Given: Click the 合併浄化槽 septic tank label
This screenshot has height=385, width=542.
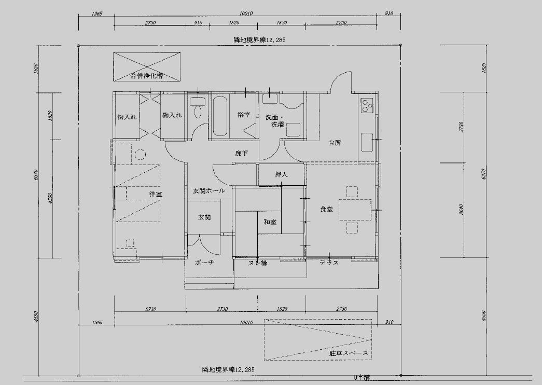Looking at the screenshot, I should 147,76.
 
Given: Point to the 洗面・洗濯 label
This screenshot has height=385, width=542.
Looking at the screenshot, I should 274,121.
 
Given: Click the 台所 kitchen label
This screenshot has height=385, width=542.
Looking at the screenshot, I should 335,143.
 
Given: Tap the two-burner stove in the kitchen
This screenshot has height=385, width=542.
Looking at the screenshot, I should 368,105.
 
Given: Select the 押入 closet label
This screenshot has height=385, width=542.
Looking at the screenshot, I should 281,175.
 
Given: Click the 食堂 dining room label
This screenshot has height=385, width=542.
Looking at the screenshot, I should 326,209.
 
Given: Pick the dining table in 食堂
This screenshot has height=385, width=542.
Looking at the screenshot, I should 355,210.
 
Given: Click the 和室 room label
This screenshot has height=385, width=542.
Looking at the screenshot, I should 270,222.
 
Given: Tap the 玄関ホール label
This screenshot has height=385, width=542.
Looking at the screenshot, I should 209,191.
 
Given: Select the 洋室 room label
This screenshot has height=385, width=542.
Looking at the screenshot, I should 155,194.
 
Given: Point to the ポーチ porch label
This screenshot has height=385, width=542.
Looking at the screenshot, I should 204,263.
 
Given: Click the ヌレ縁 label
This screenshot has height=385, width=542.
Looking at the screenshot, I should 257,263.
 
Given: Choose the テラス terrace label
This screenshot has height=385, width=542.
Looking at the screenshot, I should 329,263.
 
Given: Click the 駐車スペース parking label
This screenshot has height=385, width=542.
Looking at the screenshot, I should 349,353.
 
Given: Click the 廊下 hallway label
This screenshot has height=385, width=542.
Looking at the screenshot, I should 241,154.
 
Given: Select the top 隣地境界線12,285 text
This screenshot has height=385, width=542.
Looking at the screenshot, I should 259,39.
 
